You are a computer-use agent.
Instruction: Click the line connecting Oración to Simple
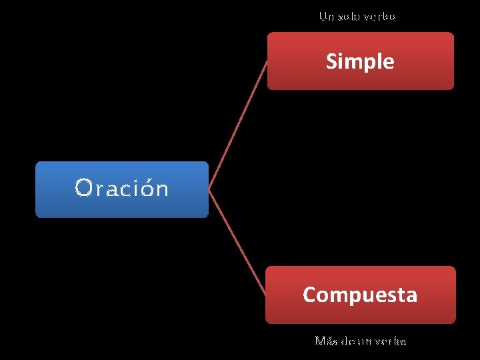238,125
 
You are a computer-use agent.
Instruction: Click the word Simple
360,61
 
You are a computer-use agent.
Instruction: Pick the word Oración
121,189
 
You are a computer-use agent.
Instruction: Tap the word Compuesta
360,295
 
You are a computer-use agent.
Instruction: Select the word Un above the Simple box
326,16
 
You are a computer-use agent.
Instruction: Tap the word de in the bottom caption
347,341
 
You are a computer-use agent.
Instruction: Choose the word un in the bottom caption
365,341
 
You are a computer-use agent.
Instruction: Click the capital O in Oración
83,189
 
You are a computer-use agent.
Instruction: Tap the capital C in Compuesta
309,295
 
